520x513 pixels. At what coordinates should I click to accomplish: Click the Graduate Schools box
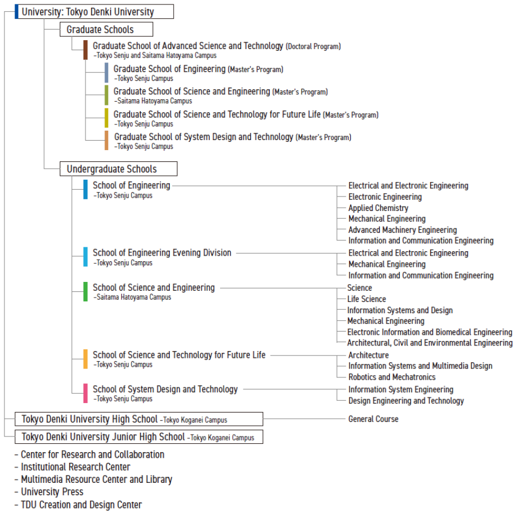coord(106,29)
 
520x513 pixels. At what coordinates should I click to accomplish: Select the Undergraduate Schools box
coord(118,169)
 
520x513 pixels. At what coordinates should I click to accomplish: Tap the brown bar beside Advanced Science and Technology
coord(85,50)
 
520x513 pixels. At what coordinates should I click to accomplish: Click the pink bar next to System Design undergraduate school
coord(85,393)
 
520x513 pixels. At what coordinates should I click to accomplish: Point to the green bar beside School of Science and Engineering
coord(85,291)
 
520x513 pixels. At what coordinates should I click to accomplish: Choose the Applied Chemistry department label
coord(378,208)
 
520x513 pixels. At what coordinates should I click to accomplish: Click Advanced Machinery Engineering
coord(402,229)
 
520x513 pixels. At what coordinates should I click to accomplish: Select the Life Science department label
coord(366,299)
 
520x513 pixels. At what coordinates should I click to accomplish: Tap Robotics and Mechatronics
coord(392,377)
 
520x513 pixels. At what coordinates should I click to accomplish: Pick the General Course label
coord(373,419)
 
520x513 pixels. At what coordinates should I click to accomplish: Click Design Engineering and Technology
coord(406,401)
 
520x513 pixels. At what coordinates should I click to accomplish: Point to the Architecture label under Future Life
coord(369,355)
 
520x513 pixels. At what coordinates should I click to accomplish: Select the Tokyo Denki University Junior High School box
coord(139,437)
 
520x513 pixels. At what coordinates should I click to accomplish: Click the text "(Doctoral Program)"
coord(313,46)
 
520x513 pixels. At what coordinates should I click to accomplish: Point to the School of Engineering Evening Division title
coord(162,252)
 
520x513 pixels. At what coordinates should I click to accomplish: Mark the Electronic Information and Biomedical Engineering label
coord(430,332)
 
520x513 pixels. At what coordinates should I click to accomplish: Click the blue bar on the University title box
coord(17,12)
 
